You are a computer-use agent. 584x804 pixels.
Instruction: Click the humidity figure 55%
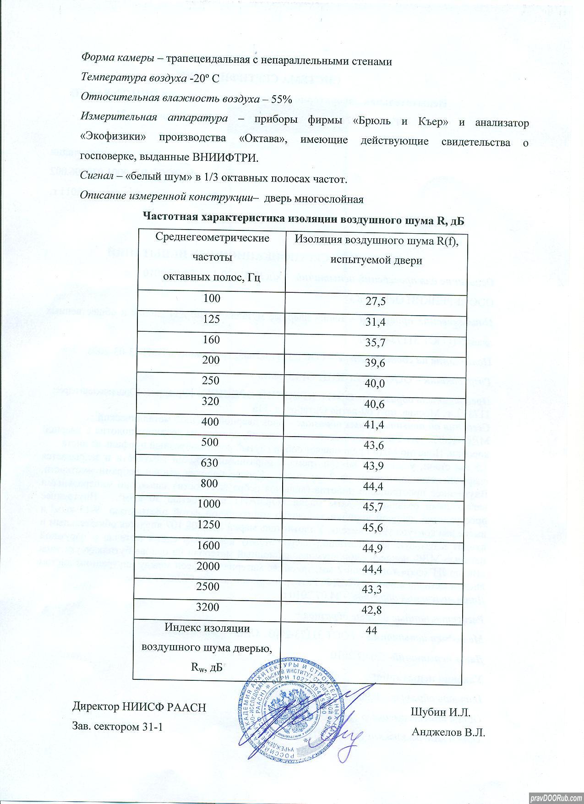278,98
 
